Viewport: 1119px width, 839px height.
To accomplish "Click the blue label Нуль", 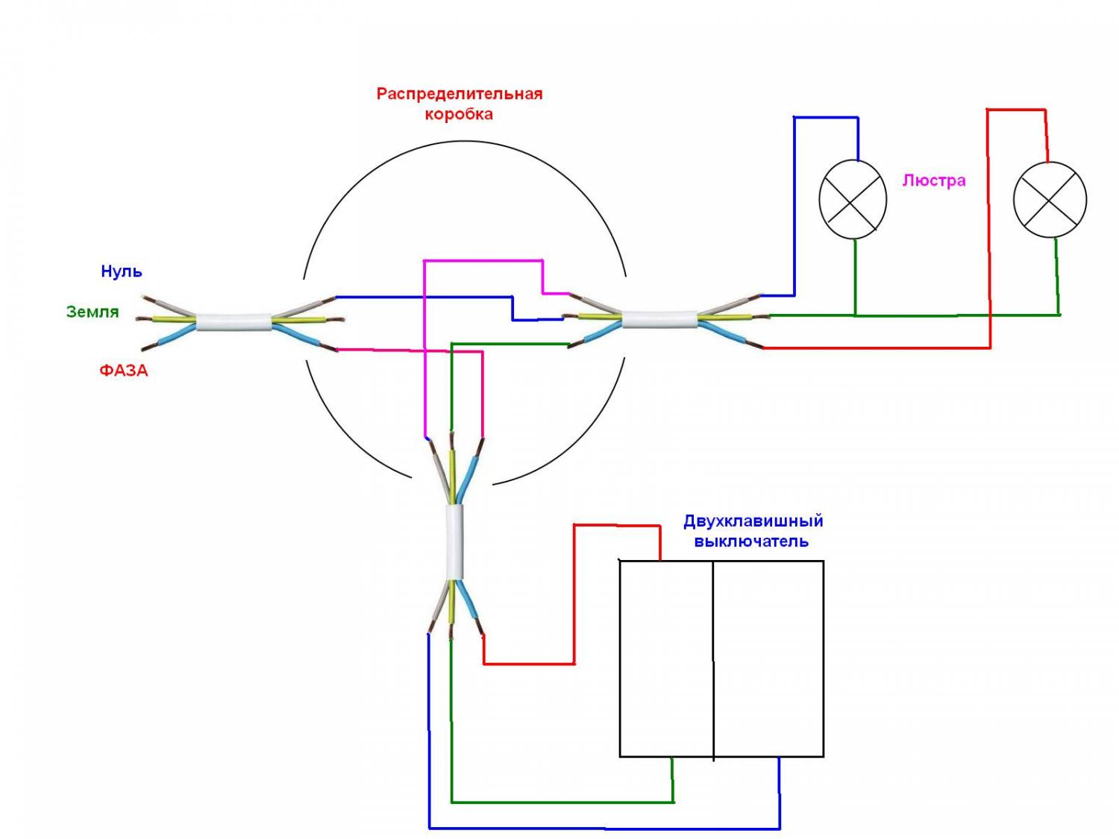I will [x=122, y=271].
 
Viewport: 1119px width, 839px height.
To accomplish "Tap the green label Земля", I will [x=93, y=312].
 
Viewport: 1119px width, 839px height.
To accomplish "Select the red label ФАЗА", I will [x=124, y=370].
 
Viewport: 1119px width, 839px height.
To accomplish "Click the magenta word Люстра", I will [x=934, y=180].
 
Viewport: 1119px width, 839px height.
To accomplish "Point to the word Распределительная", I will [x=459, y=94].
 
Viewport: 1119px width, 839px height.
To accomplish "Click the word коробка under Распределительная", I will [x=459, y=114].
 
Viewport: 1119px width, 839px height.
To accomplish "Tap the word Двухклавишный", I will [x=753, y=521].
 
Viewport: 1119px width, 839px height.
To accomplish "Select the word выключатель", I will [x=751, y=541].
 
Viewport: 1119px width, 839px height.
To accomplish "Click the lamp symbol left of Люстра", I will [x=853, y=199].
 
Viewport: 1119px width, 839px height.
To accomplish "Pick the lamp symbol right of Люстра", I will [x=1050, y=199].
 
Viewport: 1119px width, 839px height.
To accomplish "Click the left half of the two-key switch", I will [x=666, y=659].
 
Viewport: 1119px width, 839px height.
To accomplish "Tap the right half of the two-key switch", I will [x=768, y=659].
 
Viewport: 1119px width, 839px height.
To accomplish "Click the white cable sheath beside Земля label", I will [x=233, y=322].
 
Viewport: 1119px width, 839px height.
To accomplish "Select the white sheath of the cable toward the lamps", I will [x=659, y=319].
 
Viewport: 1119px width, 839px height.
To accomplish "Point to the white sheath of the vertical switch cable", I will [x=454, y=541].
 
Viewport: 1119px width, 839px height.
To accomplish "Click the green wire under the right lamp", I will [x=1057, y=276].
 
